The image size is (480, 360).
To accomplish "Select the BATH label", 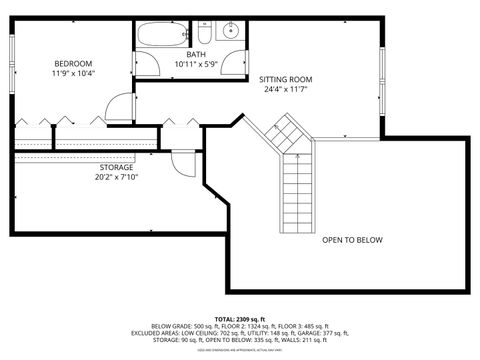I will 198,55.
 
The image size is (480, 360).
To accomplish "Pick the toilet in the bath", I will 204,31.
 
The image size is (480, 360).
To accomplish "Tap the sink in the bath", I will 230,29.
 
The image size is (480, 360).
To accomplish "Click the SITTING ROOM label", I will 286,78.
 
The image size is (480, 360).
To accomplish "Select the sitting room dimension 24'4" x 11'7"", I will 286,89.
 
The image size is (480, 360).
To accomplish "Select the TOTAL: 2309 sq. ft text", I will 240,317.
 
